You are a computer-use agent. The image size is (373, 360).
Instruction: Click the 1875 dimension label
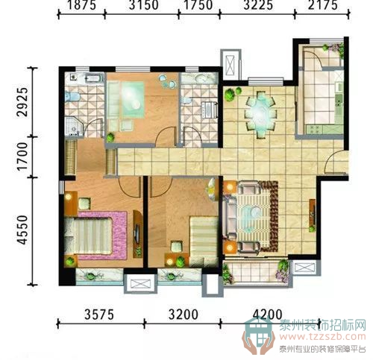(x=82, y=5)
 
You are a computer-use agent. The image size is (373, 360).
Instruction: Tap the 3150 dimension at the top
(x=143, y=5)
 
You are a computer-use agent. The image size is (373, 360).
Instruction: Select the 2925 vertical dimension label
(x=22, y=102)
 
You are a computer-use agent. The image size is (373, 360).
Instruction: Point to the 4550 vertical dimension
(x=22, y=230)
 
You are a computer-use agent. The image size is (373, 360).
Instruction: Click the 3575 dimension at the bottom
(x=99, y=315)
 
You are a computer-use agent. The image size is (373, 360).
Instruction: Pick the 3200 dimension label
(x=184, y=315)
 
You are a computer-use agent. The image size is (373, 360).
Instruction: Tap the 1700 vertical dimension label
(x=22, y=157)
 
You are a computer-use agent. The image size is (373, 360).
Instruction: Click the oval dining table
(x=260, y=114)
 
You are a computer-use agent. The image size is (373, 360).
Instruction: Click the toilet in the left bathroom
(x=72, y=96)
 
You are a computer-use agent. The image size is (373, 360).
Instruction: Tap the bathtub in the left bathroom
(x=94, y=78)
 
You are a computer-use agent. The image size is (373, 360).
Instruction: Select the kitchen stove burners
(x=315, y=128)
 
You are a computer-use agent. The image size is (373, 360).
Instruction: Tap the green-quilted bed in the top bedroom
(x=126, y=100)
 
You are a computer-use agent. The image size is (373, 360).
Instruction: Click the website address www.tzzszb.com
(x=323, y=337)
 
